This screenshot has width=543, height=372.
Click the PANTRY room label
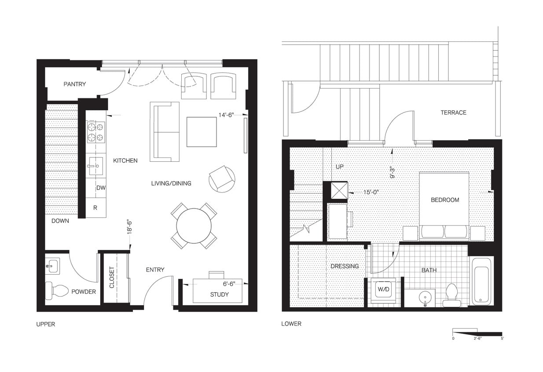coord(74,84)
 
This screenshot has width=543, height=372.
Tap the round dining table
coord(194,226)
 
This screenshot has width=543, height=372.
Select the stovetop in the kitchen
coord(96,132)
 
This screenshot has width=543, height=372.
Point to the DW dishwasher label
coord(101,188)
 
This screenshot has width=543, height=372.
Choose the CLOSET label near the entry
coord(112,278)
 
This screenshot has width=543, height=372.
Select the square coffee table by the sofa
coord(201,131)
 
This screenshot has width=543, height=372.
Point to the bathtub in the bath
coord(482,281)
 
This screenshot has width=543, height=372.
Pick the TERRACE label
coord(453,112)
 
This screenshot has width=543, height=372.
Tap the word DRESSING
coord(345,266)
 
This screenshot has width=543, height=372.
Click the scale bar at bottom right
coord(477,333)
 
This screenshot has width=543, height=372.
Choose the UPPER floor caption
coord(46,324)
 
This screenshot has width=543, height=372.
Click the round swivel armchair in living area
coord(222,179)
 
